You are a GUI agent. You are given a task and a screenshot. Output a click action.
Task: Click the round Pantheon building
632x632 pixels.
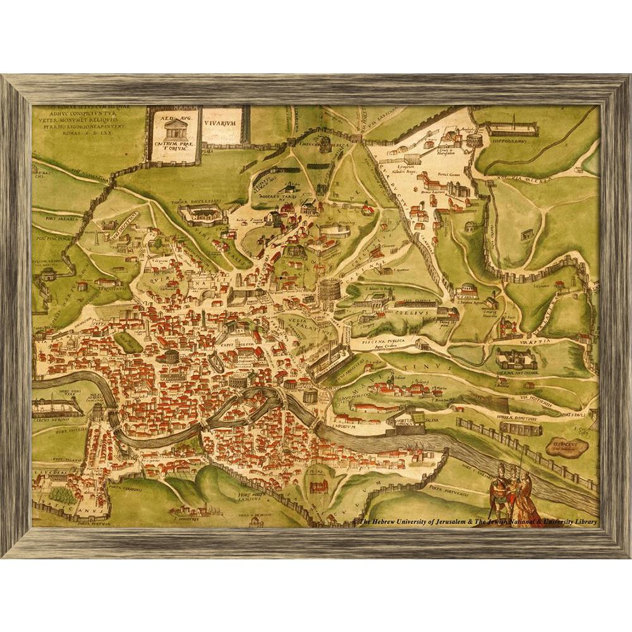[171, 356]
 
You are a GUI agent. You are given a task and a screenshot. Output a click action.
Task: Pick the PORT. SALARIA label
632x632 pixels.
[63, 219]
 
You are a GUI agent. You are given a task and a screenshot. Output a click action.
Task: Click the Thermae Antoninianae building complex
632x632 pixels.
[516, 358]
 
